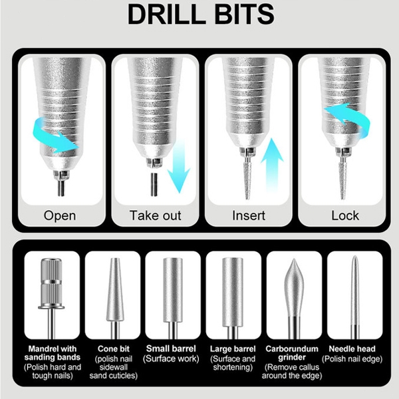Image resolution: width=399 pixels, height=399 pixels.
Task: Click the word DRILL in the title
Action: tap(166, 14)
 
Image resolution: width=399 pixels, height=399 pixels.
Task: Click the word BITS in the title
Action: tap(244, 14)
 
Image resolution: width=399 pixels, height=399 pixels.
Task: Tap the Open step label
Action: tap(60, 216)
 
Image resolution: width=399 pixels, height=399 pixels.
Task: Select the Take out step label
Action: tap(155, 215)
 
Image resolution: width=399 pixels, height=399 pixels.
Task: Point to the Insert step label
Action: tap(249, 215)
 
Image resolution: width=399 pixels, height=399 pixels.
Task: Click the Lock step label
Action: tap(345, 215)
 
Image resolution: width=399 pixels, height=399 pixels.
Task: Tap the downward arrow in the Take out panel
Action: tap(179, 166)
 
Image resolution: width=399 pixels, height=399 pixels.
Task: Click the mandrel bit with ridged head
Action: tap(51, 298)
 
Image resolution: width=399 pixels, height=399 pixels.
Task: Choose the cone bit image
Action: tap(115, 298)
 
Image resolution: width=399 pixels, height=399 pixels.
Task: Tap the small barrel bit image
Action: tap(173, 298)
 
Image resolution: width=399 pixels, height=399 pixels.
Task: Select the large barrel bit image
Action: tap(233, 298)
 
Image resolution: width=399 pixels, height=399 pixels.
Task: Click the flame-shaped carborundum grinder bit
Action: tap(294, 298)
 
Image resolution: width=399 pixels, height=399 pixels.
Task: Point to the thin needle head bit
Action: tap(354, 298)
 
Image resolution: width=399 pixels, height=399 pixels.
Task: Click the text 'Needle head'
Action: tap(352, 348)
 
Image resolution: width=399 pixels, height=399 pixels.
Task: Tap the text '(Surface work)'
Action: tap(171, 359)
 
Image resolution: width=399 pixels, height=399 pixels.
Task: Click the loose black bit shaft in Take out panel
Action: tap(154, 184)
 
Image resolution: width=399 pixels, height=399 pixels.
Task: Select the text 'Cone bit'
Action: tap(114, 348)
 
